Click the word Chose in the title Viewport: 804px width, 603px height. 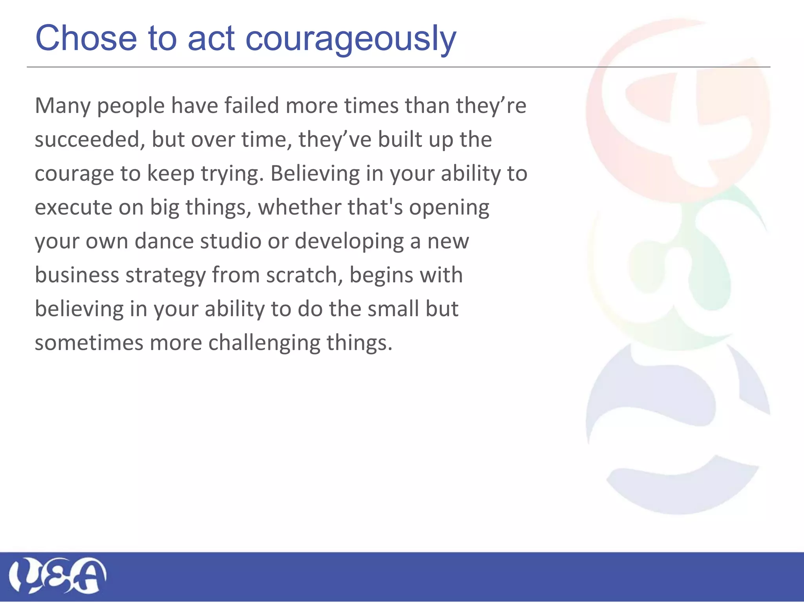point(86,38)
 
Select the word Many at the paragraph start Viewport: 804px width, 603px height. point(63,106)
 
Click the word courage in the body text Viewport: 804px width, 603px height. point(74,174)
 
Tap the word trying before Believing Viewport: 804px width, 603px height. point(232,174)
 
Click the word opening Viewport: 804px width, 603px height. point(449,207)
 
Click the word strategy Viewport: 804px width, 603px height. point(165,275)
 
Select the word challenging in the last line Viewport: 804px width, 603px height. point(264,343)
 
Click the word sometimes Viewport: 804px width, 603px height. point(89,343)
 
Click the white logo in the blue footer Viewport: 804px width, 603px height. point(57,576)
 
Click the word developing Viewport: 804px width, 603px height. point(349,241)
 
